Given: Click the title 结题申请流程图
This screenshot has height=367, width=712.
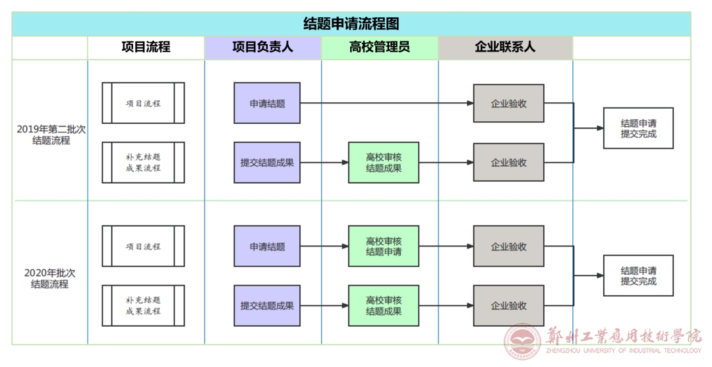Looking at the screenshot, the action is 351,24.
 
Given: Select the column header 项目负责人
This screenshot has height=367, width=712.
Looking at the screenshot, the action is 262,47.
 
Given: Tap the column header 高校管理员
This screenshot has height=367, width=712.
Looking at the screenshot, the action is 380,47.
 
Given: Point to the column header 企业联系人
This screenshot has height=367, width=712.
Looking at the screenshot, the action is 505,47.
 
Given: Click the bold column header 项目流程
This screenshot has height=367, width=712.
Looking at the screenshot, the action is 146,47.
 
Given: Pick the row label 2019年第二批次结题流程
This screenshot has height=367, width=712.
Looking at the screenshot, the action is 51,134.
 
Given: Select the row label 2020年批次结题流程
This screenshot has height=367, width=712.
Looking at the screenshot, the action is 49,279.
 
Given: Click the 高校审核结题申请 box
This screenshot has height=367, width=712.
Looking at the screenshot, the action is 384,246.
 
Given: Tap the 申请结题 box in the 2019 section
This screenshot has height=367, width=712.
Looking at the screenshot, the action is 267,103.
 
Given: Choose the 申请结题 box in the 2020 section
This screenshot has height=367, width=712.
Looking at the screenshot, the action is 267,246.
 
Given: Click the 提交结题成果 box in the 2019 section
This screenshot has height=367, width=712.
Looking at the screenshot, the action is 267,162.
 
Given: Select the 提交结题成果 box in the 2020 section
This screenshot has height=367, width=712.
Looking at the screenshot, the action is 267,305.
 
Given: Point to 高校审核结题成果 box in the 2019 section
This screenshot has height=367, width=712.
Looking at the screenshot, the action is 384,162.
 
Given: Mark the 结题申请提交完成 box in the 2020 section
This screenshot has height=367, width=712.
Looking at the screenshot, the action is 638,275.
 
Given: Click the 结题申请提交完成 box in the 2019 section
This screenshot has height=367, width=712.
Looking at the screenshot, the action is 638,128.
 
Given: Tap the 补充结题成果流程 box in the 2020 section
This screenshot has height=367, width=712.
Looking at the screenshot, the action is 143,305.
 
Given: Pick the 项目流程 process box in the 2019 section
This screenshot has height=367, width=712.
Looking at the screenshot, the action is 143,103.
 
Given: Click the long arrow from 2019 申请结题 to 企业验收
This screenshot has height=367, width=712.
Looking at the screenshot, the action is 387,103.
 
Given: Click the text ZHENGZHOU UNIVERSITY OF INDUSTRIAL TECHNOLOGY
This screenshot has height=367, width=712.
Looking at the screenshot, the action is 624,351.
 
